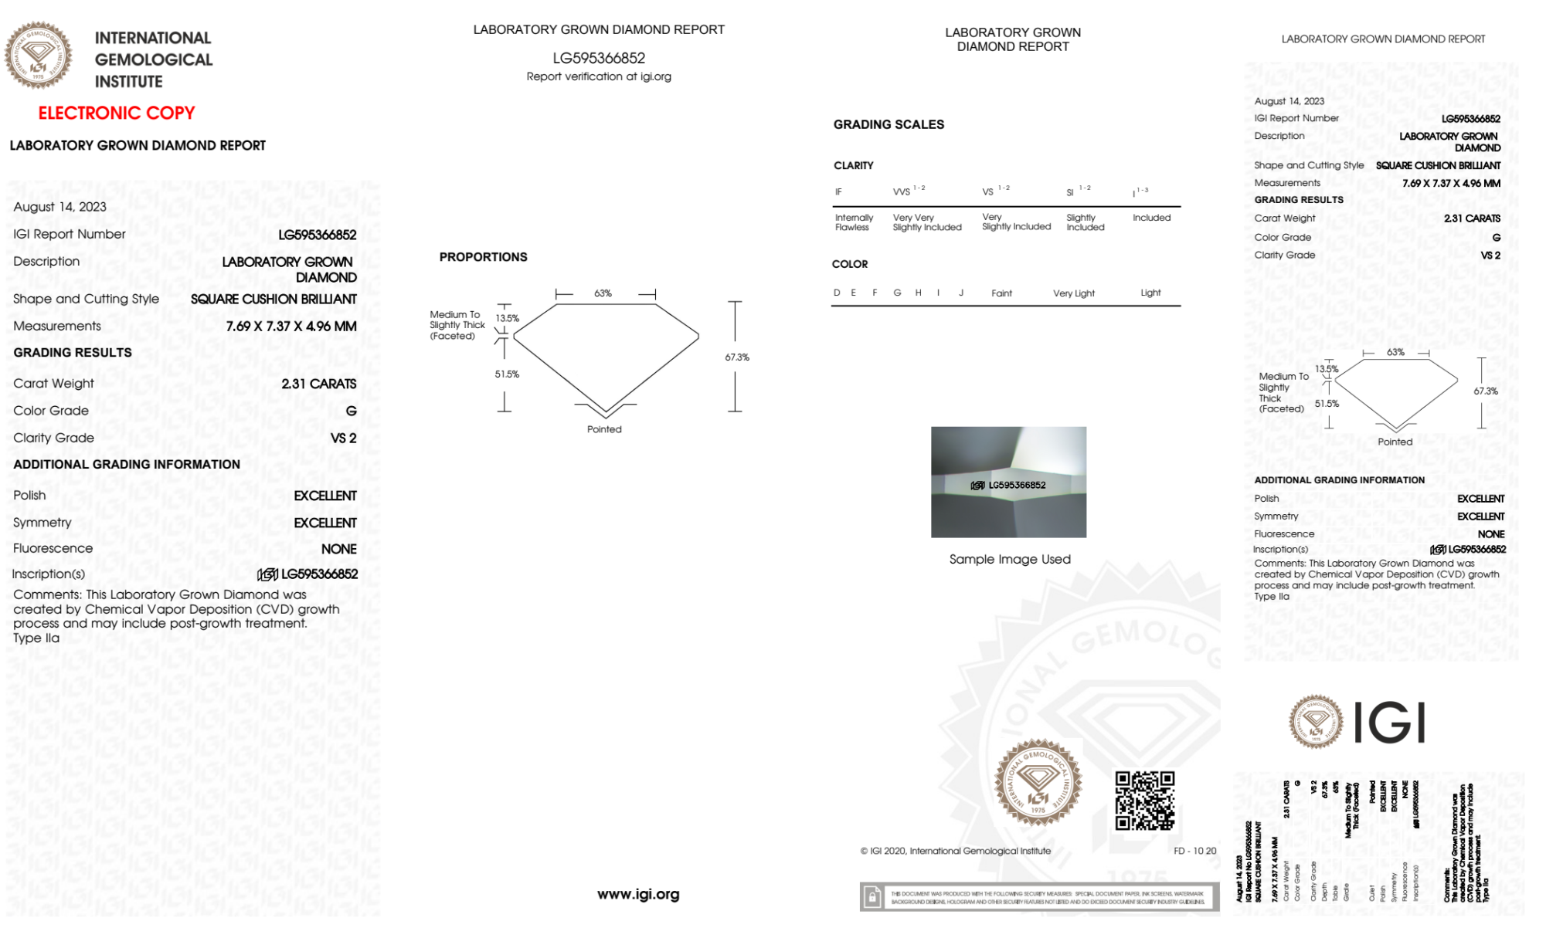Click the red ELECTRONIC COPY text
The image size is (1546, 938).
(x=117, y=113)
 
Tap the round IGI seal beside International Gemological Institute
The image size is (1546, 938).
(x=38, y=55)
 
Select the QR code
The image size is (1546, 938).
(x=1144, y=801)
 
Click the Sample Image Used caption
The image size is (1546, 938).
(x=1009, y=559)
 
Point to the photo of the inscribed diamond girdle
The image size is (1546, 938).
(x=1008, y=482)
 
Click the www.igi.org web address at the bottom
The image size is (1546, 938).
(x=638, y=894)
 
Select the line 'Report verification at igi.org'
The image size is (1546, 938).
(x=599, y=76)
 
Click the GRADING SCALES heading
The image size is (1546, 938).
(x=889, y=124)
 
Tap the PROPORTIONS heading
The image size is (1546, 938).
(x=483, y=257)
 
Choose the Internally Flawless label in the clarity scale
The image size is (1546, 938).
(x=854, y=222)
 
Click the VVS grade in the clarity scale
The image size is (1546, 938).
(x=902, y=191)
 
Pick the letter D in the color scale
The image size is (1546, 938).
(x=837, y=293)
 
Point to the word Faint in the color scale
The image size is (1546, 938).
(x=1001, y=293)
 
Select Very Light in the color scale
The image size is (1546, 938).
(x=1073, y=293)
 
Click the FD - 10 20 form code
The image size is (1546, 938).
(x=1194, y=851)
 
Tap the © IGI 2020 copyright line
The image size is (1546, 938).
(x=956, y=851)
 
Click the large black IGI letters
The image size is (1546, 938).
(x=1391, y=723)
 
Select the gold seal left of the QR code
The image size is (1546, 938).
(x=1038, y=782)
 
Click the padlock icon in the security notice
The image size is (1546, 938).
(x=872, y=897)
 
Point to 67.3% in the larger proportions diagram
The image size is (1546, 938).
(x=736, y=357)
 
